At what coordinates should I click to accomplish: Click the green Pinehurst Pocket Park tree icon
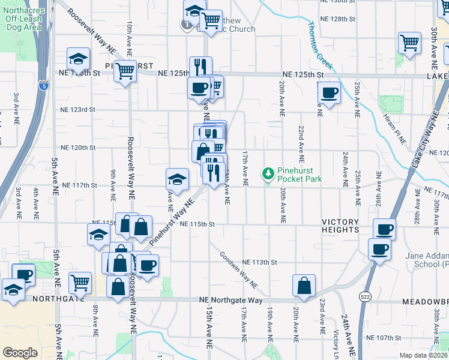click(x=268, y=174)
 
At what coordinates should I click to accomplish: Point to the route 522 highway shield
click(x=366, y=296)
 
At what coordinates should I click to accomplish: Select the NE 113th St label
click(x=259, y=262)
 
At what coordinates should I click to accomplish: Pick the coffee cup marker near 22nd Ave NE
click(x=329, y=94)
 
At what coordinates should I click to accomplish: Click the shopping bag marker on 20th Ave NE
click(x=304, y=286)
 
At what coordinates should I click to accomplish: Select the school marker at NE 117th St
click(x=178, y=179)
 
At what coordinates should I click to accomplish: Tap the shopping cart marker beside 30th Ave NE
click(x=409, y=43)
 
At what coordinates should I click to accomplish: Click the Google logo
click(x=20, y=353)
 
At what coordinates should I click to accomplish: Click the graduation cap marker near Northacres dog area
click(x=78, y=59)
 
